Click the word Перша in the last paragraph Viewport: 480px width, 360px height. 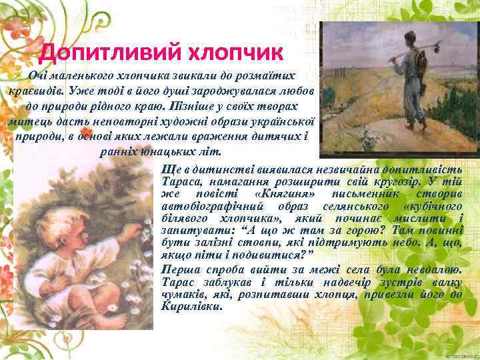coord(179,269)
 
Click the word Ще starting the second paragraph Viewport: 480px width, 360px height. coord(169,168)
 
